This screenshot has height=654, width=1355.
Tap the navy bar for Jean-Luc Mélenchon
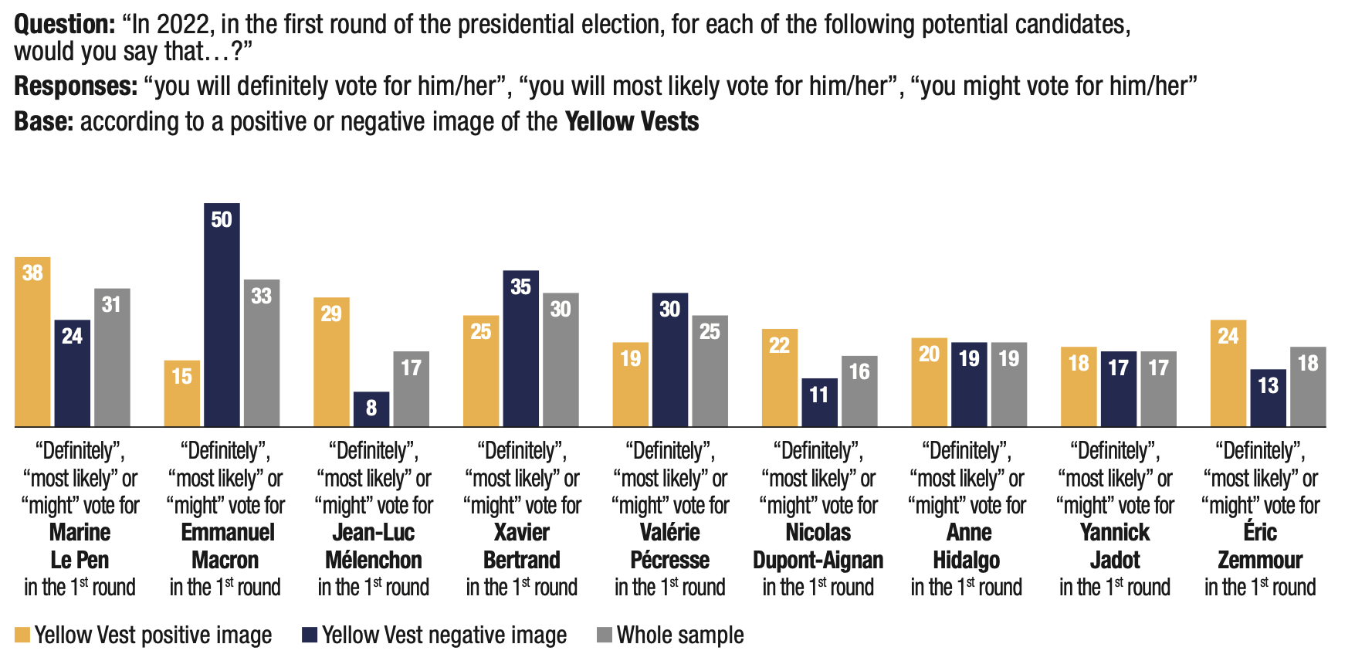click(371, 409)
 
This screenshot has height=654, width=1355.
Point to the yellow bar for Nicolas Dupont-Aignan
click(780, 378)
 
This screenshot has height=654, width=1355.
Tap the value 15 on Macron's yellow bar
click(182, 376)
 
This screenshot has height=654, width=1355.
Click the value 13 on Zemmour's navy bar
click(1268, 385)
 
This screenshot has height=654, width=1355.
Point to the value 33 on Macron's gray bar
click(262, 296)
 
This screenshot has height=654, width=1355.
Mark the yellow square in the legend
click(22, 635)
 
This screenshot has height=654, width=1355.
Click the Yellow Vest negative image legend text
click(444, 635)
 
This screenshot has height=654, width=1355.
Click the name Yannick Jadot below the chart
click(1115, 546)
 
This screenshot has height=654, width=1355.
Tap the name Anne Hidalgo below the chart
click(967, 546)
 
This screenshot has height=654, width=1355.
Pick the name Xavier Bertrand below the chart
click(522, 546)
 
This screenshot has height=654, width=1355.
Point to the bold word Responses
click(76, 86)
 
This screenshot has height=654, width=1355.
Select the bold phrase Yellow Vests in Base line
click(632, 122)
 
